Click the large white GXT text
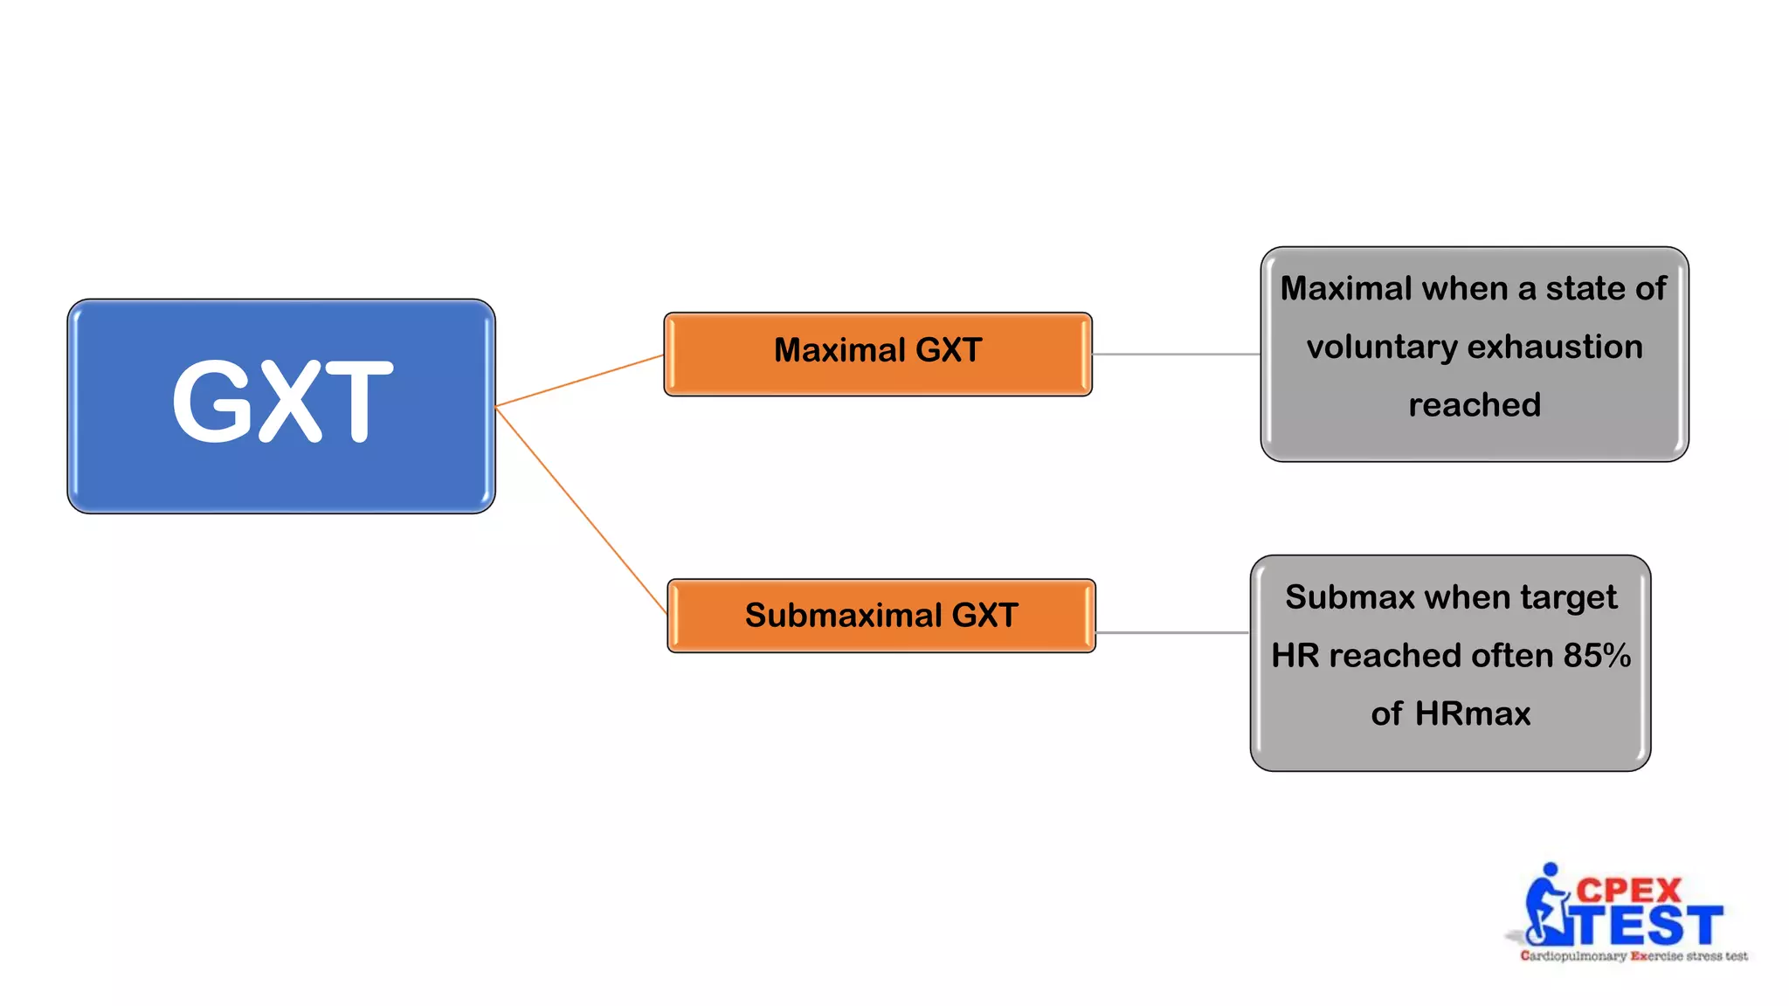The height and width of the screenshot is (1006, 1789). [281, 403]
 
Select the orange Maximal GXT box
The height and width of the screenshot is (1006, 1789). [877, 353]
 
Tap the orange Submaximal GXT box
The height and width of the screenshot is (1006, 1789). [881, 616]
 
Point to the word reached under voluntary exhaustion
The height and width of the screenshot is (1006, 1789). [1475, 405]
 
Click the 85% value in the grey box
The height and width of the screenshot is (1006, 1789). [1597, 656]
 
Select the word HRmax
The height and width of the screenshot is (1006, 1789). [1473, 714]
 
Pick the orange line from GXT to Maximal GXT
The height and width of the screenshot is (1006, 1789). [579, 380]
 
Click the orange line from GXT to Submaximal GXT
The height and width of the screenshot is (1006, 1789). [581, 510]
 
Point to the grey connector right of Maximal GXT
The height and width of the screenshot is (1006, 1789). [1176, 354]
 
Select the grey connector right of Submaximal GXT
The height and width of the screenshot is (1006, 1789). [1172, 632]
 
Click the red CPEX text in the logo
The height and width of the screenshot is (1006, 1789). [1628, 891]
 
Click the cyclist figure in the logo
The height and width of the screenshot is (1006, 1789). [1547, 908]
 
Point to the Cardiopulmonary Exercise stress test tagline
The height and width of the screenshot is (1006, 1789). [1634, 956]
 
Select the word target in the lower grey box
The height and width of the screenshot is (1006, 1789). [1568, 598]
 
